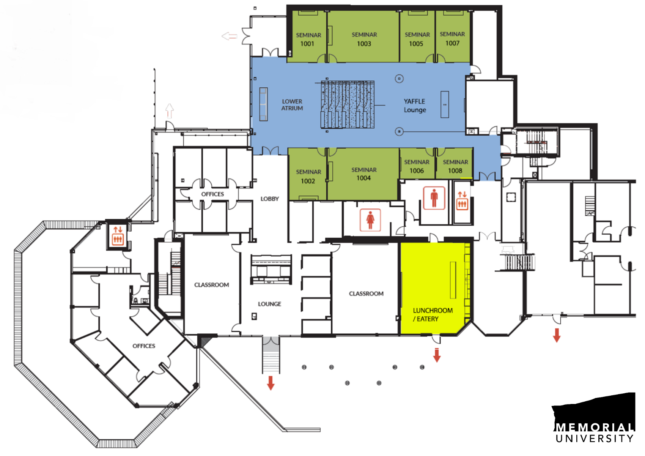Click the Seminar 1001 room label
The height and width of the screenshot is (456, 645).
[308, 39]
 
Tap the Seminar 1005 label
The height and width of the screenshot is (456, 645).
[417, 39]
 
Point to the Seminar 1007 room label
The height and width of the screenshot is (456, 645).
[452, 39]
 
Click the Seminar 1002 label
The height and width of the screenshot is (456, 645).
[308, 177]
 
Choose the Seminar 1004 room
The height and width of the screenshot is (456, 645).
[364, 174]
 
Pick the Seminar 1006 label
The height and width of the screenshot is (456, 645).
[417, 166]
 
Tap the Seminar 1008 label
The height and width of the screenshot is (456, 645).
[455, 166]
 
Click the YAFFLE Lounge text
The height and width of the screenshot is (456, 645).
[415, 106]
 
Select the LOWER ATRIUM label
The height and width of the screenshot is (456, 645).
[292, 105]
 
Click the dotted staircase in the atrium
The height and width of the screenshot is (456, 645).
[348, 104]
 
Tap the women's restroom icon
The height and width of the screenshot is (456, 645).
[370, 220]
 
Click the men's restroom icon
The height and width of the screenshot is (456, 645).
[434, 198]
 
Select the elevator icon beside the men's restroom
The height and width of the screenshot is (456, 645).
[462, 200]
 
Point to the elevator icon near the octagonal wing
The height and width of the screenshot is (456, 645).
[118, 235]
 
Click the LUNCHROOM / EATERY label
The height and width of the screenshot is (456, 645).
[433, 315]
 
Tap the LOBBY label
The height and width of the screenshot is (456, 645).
[269, 199]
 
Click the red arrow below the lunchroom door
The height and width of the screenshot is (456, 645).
[437, 355]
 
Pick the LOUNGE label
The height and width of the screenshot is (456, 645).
[269, 304]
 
